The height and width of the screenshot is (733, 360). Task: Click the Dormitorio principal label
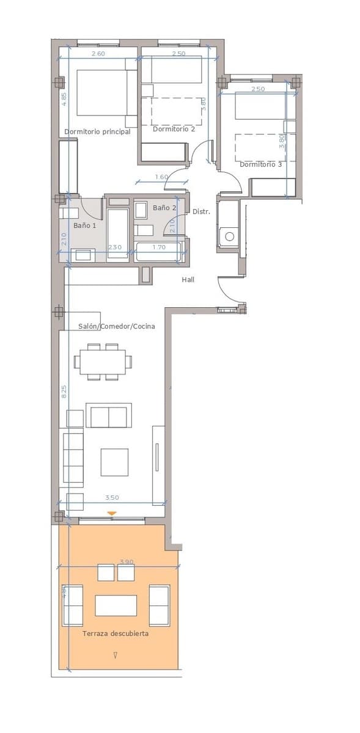[x=97, y=131]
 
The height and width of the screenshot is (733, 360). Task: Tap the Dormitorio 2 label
[x=174, y=129]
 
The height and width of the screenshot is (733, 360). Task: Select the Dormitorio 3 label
[x=260, y=164]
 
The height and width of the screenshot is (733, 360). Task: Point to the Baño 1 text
[x=85, y=225]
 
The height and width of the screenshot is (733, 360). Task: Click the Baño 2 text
[x=164, y=208]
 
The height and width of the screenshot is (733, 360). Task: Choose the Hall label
[x=188, y=279]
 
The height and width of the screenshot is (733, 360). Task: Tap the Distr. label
[x=201, y=211]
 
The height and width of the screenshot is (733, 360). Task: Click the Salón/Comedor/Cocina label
[x=116, y=326]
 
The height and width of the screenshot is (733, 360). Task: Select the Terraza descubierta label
[x=116, y=633]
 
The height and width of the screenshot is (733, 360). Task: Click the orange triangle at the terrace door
[x=111, y=514]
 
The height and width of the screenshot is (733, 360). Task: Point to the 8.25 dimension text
[x=64, y=392]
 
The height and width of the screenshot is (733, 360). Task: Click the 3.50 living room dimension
[x=112, y=498]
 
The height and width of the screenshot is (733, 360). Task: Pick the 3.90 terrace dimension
[x=126, y=561]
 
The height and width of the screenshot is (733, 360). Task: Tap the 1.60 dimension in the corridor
[x=161, y=177]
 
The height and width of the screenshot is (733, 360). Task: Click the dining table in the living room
[x=102, y=361]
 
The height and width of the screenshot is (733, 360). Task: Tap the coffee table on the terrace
[x=116, y=605]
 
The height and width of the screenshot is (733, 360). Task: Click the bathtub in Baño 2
[x=158, y=252]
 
